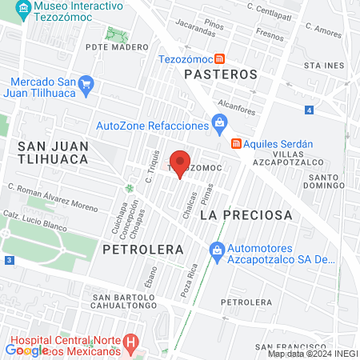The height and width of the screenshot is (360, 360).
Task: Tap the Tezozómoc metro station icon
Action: click(x=218, y=58)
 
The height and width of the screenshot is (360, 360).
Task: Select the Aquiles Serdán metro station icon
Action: click(x=236, y=144)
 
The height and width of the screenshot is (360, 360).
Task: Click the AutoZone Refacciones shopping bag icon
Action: click(x=218, y=123)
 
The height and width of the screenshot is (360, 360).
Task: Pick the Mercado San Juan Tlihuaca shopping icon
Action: click(x=86, y=83)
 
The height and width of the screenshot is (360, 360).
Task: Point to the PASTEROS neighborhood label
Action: click(x=220, y=74)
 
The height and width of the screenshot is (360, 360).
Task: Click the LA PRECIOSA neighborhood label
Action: click(x=246, y=215)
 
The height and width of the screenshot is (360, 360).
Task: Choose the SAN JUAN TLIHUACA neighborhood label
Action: click(x=53, y=152)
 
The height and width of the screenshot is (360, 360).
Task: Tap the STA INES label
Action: click(x=328, y=64)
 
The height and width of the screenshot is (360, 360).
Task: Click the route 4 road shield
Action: click(x=309, y=110)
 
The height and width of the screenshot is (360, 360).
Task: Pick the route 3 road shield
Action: click(x=8, y=260)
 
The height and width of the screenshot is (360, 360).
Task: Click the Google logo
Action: click(x=26, y=350)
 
